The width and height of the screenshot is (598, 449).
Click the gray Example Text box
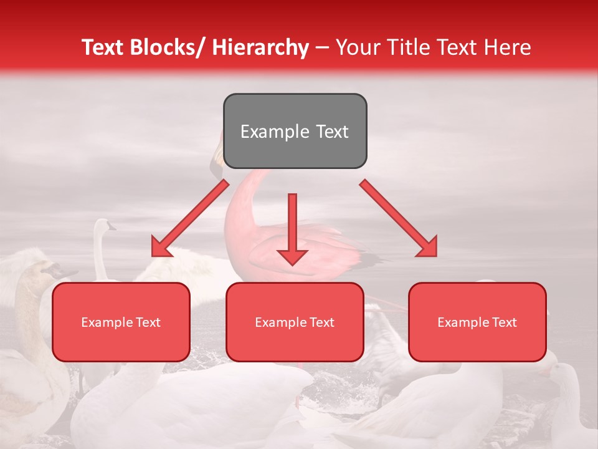point(295,131)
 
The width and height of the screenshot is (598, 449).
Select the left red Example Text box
point(121,322)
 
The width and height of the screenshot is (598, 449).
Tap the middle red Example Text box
point(295,322)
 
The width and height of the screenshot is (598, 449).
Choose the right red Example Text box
point(477,322)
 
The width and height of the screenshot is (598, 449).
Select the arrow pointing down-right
point(399,218)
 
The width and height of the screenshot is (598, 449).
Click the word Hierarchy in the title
point(260,47)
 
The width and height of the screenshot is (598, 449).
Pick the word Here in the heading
point(509,47)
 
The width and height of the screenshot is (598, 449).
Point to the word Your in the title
point(357,47)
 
